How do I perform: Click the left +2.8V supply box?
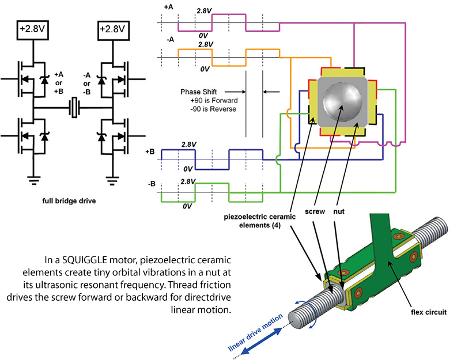click(x=33, y=30)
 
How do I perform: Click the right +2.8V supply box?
click(x=113, y=30)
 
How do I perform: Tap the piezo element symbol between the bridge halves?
click(x=75, y=108)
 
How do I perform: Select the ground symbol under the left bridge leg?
click(x=33, y=180)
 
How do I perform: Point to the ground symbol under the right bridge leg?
click(x=112, y=180)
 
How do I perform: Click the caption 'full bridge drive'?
click(x=69, y=201)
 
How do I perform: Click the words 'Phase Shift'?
click(x=198, y=92)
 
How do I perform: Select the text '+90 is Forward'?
click(x=214, y=100)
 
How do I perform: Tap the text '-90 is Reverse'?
click(x=213, y=109)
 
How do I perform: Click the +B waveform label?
click(x=150, y=152)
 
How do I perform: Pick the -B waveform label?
click(x=152, y=184)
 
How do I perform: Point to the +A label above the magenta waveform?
click(x=168, y=7)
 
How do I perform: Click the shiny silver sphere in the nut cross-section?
click(x=343, y=102)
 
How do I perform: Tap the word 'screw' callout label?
click(x=315, y=211)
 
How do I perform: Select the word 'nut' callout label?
click(x=339, y=211)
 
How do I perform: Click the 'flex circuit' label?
click(x=429, y=312)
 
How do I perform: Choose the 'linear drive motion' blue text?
click(x=255, y=332)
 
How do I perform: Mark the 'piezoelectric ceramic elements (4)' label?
click(x=260, y=221)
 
